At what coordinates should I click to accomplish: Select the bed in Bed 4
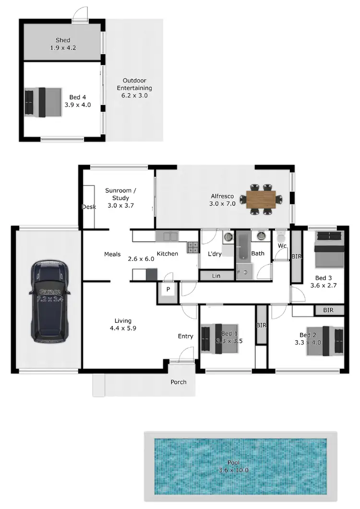coord(43,102)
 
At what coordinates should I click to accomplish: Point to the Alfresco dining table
coord(262,198)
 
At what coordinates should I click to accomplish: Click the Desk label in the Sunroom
coord(89,207)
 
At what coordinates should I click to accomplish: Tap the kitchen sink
coord(167,236)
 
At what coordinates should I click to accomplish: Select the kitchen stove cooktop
coord(192,247)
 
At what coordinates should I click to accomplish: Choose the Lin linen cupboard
coord(216,275)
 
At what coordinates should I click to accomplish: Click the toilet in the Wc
coord(281,237)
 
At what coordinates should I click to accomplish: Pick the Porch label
coord(179,382)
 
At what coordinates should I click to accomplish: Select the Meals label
coord(112,254)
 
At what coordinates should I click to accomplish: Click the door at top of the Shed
coord(80,15)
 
